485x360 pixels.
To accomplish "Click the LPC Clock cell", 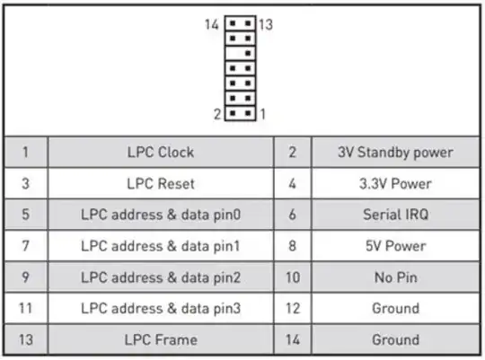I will tap(160, 153).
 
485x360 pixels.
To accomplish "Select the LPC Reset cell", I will tap(160, 184).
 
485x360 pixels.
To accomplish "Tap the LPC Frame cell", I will tap(160, 339).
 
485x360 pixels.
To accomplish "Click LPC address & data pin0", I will tap(160, 215).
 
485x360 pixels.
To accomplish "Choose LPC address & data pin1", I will tap(160, 246).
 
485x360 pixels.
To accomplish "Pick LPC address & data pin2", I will tap(160, 277).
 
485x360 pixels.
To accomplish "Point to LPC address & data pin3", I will tap(160, 308).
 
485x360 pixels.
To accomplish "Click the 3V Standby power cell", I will tap(395, 153).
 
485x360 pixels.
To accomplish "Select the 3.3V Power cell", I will tap(395, 184).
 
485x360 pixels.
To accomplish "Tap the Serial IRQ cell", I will tap(395, 215).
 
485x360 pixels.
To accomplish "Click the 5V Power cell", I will tap(395, 246).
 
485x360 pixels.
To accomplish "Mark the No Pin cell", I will tap(395, 277).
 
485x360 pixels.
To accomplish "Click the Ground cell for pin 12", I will tap(395, 308).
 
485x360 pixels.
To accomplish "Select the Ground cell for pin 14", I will tap(395, 339).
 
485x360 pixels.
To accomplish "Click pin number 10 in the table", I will tap(292, 277).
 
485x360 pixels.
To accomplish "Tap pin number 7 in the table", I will tap(24, 246).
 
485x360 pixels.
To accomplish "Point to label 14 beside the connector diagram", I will tap(212, 24).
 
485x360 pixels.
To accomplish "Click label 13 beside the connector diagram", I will tap(267, 24).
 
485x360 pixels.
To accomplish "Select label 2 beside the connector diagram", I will tap(217, 114).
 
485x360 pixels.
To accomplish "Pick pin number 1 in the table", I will tap(24, 153).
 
